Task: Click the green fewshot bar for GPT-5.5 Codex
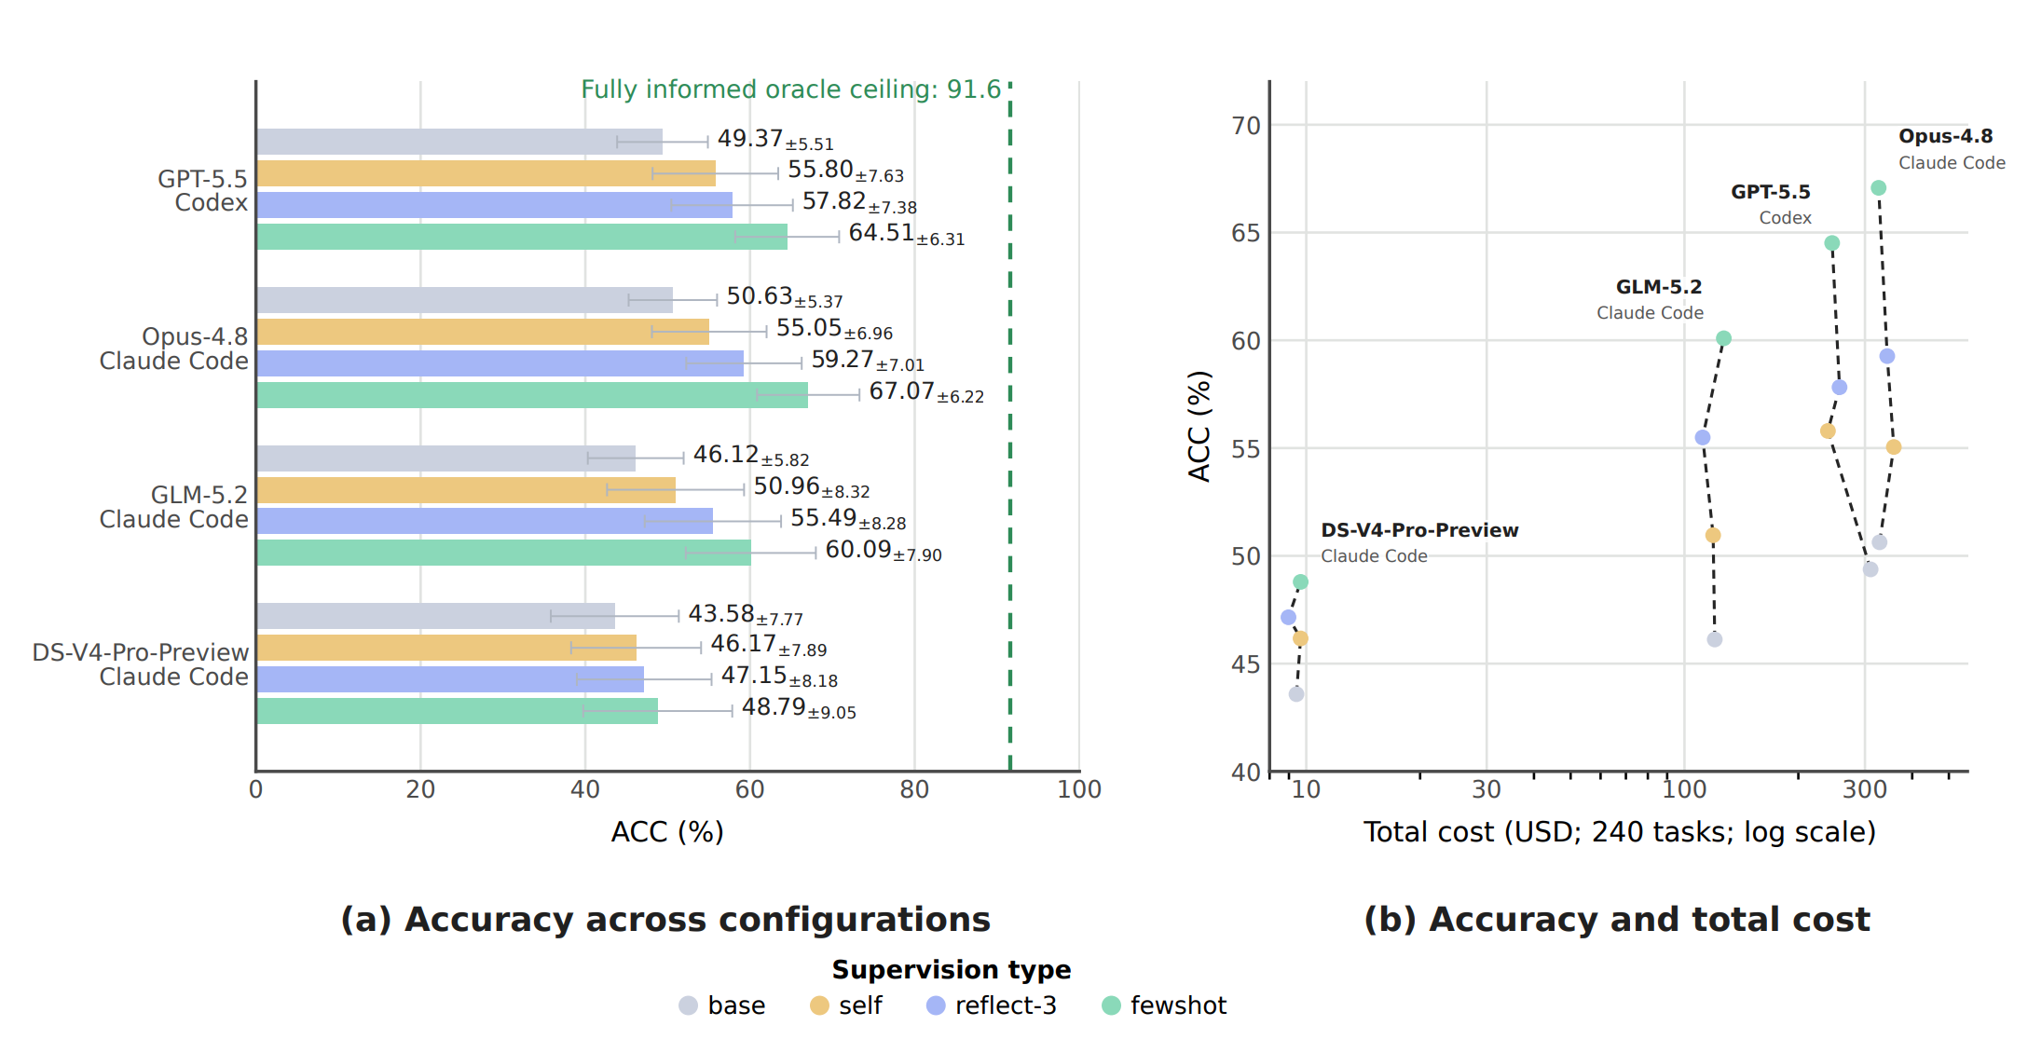pyautogui.click(x=522, y=237)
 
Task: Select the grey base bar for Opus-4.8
pyautogui.click(x=464, y=300)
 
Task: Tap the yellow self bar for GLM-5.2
pyautogui.click(x=466, y=490)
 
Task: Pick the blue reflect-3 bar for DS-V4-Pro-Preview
pyautogui.click(x=450, y=679)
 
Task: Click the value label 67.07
pyautogui.click(x=901, y=391)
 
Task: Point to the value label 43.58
pyautogui.click(x=721, y=614)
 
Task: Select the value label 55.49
pyautogui.click(x=823, y=518)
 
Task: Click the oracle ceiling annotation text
pyautogui.click(x=790, y=89)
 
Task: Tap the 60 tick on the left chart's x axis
pyautogui.click(x=749, y=790)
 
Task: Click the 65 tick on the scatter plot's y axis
pyautogui.click(x=1245, y=233)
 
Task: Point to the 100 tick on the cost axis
pyautogui.click(x=1684, y=790)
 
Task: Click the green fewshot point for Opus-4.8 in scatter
pyautogui.click(x=1879, y=188)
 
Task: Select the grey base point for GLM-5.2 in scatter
pyautogui.click(x=1715, y=639)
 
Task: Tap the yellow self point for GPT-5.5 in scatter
pyautogui.click(x=1828, y=431)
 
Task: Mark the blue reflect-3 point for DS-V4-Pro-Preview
pyautogui.click(x=1288, y=617)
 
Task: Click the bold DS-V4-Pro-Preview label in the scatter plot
pyautogui.click(x=1419, y=530)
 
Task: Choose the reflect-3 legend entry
pyautogui.click(x=992, y=1005)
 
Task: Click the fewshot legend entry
pyautogui.click(x=1164, y=1005)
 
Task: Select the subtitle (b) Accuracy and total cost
pyautogui.click(x=1617, y=920)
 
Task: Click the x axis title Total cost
pyautogui.click(x=1620, y=831)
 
